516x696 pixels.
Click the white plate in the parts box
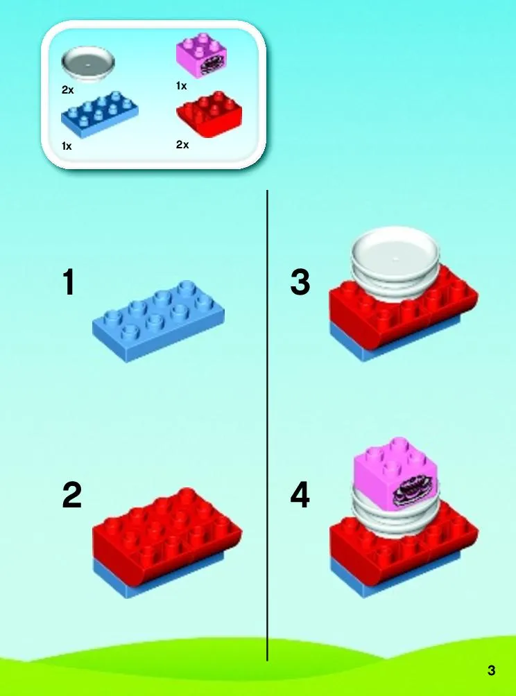88,65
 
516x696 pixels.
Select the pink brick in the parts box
203,54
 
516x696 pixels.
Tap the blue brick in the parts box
99,113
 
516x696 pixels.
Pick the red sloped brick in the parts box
209,114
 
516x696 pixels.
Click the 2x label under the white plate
67,90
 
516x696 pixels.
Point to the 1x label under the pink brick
181,86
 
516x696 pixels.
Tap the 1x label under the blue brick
67,146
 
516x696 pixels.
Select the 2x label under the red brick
182,145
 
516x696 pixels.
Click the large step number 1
69,283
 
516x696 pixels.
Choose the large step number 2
72,496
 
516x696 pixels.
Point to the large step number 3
300,283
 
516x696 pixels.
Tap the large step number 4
300,496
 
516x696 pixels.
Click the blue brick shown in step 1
158,320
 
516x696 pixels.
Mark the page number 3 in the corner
491,670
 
